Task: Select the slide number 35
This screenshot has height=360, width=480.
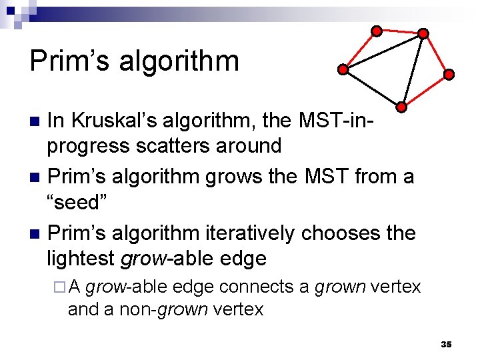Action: (x=446, y=344)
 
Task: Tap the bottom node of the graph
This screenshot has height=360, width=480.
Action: (x=401, y=106)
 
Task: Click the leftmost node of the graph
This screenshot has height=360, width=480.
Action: (x=342, y=69)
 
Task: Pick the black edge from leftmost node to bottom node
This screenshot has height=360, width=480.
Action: (x=371, y=87)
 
